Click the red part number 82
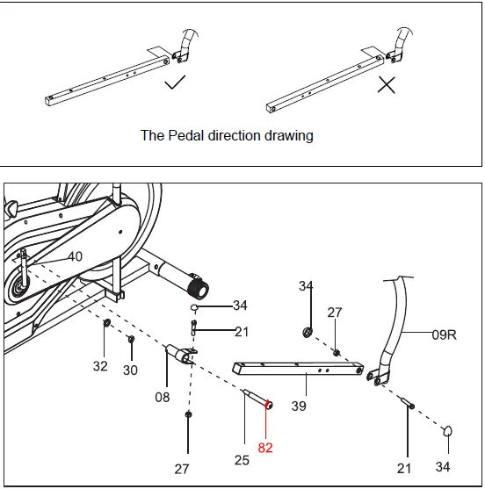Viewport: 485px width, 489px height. pyautogui.click(x=265, y=447)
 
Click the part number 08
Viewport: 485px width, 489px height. pyautogui.click(x=163, y=397)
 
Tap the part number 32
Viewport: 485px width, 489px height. pyautogui.click(x=101, y=366)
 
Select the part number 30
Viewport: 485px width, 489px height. pyautogui.click(x=130, y=370)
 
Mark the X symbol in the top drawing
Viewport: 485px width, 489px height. pyautogui.click(x=386, y=85)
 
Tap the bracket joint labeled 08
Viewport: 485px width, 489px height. pyautogui.click(x=180, y=354)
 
